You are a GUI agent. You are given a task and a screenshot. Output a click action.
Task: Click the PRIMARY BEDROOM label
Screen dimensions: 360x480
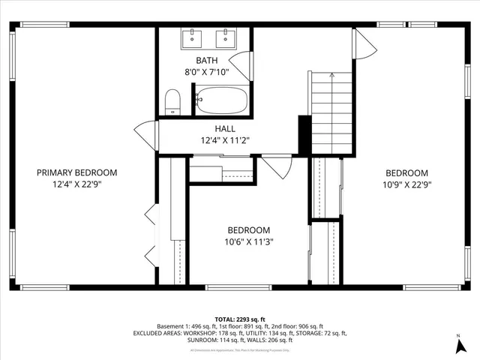pyautogui.click(x=77, y=172)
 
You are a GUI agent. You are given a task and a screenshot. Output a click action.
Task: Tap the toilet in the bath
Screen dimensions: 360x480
pyautogui.click(x=173, y=102)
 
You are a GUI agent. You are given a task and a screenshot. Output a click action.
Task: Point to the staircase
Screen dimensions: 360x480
pyautogui.click(x=331, y=112)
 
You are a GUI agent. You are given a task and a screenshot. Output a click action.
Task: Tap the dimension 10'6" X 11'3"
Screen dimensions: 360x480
pyautogui.click(x=249, y=241)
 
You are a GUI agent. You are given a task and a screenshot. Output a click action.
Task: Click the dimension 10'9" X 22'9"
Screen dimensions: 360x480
pyautogui.click(x=407, y=184)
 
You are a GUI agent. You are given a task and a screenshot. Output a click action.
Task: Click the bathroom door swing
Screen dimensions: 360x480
pyautogui.click(x=241, y=65)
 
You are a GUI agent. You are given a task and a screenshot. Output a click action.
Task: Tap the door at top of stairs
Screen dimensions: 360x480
pyautogui.click(x=364, y=44)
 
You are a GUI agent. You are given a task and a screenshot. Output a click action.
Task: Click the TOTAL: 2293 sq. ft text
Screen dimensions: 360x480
pyautogui.click(x=240, y=319)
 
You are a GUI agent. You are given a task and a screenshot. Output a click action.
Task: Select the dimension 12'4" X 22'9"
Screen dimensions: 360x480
pyautogui.click(x=77, y=184)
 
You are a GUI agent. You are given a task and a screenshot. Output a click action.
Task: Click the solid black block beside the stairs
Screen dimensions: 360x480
pyautogui.click(x=304, y=135)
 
